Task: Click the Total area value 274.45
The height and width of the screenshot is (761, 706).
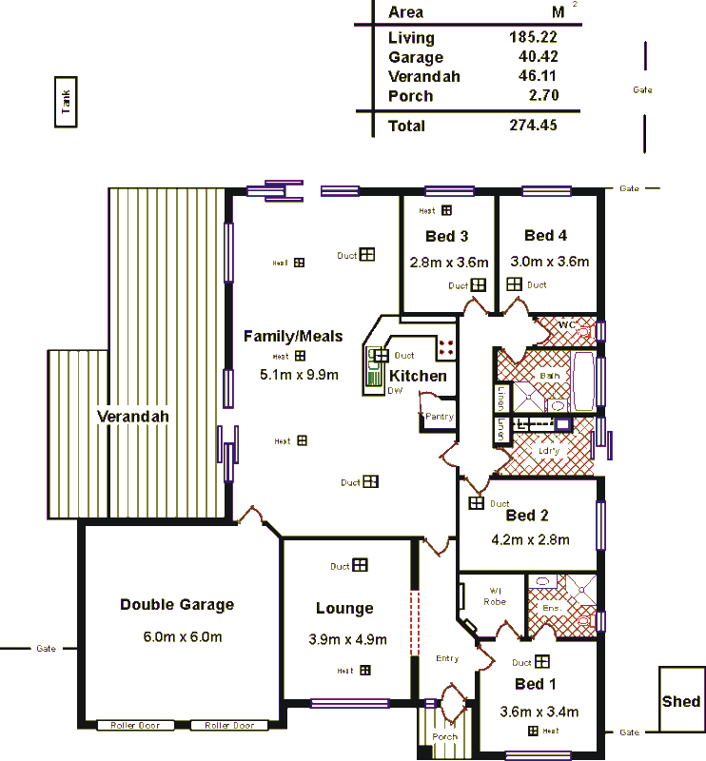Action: pos(533,126)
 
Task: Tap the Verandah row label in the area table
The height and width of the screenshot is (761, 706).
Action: pos(423,77)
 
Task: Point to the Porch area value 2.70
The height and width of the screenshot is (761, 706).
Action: pos(541,95)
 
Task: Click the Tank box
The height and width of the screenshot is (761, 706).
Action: pos(66,102)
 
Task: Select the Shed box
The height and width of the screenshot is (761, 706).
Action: pos(681,701)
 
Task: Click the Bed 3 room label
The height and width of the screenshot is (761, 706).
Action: pos(446,237)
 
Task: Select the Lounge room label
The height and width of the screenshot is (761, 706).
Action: pos(344,609)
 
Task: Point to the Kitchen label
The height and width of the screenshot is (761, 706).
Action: pos(418,376)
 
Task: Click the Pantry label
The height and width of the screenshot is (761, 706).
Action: pos(440,417)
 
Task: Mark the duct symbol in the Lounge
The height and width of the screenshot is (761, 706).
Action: pos(360,565)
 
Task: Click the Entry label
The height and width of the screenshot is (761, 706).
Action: pos(446,658)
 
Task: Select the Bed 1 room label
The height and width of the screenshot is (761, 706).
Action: pos(529,684)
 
